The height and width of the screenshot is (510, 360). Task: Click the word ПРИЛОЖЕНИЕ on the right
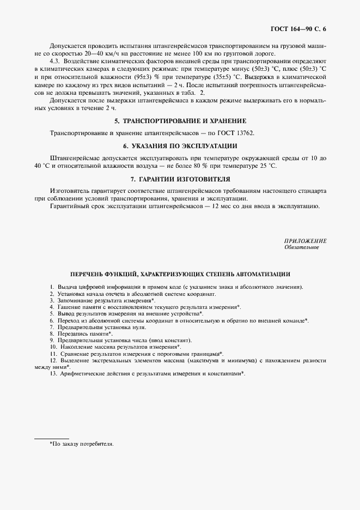click(x=306, y=241)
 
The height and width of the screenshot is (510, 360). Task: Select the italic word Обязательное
click(x=302, y=247)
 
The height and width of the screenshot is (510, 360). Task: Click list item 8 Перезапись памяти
click(x=81, y=333)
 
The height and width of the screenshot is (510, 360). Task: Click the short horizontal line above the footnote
click(x=51, y=438)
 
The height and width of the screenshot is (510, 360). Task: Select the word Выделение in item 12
click(x=73, y=360)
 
